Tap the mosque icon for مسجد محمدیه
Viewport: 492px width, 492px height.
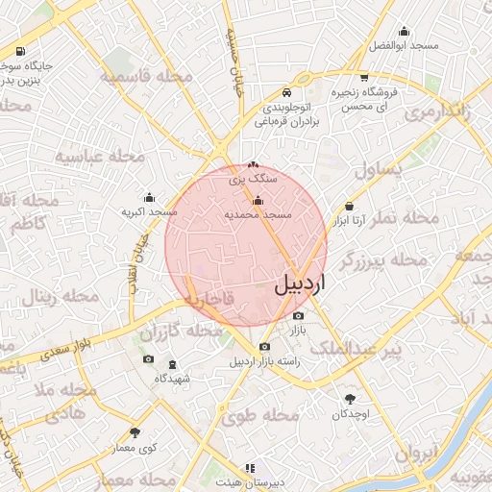click(x=258, y=201)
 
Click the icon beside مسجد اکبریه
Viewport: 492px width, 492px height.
click(x=148, y=196)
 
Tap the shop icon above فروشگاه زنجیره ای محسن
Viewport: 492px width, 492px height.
click(x=363, y=78)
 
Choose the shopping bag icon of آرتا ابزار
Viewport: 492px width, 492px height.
click(x=348, y=207)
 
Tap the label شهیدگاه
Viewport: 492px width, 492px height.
click(x=173, y=379)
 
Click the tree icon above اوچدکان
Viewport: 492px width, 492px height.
click(x=350, y=398)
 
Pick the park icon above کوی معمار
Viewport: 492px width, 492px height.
click(x=134, y=432)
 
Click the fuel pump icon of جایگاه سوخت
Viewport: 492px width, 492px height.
click(x=21, y=52)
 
